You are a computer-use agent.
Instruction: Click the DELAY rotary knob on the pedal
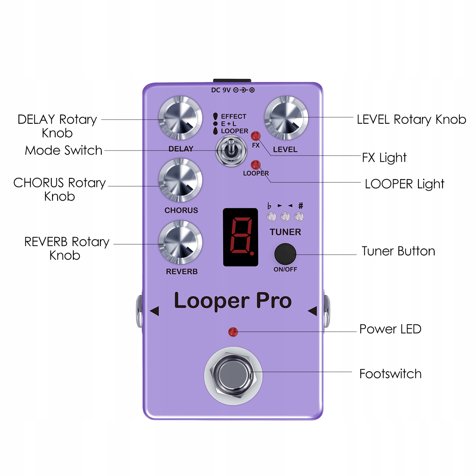coord(180,118)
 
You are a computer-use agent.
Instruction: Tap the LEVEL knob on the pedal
coord(286,118)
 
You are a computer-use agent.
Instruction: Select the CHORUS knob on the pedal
coord(180,180)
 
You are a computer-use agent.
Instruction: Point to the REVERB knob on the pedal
coord(180,242)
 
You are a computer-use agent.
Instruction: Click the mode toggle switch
coord(231,151)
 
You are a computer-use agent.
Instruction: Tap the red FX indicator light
coord(256,136)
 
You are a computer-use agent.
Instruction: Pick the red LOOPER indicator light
coord(256,165)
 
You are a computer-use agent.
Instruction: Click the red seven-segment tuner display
coord(241,237)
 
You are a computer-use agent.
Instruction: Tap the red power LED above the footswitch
coord(233,332)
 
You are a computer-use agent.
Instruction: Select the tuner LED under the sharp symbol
coord(299,217)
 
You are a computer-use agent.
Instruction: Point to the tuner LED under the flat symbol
coord(271,217)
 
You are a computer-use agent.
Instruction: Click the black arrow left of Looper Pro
coord(154,311)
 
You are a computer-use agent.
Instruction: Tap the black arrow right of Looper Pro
coord(312,311)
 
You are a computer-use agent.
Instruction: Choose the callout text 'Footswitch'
coord(390,374)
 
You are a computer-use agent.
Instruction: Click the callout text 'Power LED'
coord(390,329)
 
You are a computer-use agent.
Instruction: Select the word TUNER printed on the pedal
coord(285,232)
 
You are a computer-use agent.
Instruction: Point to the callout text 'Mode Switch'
coord(64,150)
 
